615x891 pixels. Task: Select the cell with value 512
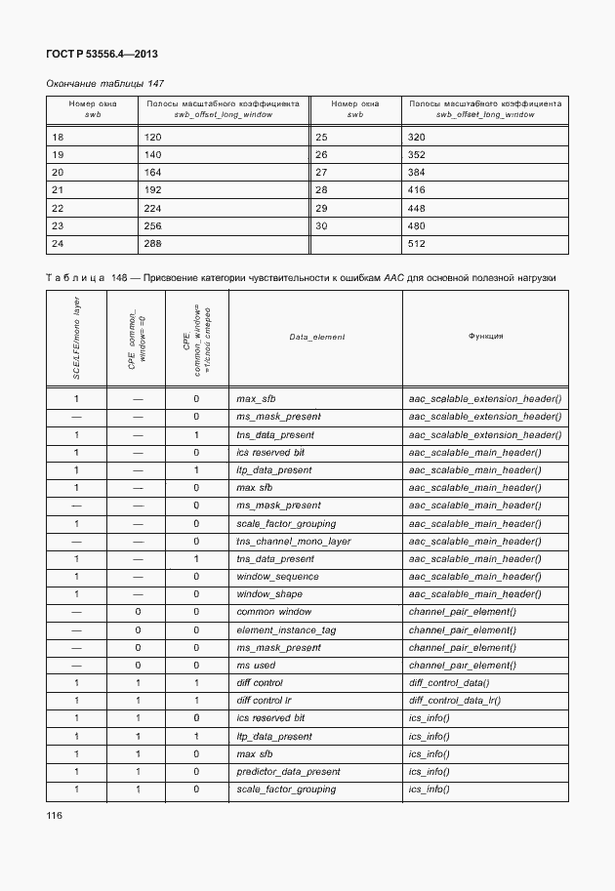(417, 243)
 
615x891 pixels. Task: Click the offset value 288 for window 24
(152, 243)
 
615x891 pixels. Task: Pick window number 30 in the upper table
(322, 225)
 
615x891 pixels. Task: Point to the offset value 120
(152, 138)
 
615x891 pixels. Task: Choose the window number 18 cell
(58, 138)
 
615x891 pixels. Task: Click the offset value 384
(417, 173)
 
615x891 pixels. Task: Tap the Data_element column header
(316, 337)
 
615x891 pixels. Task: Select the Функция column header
(485, 336)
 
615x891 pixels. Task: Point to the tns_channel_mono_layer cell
(293, 542)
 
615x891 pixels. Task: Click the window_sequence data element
(277, 577)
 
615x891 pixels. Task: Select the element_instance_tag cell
(286, 629)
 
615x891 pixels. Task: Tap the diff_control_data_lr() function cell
(456, 701)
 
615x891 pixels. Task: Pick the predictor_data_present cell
(288, 772)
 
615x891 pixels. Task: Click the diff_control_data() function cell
(449, 683)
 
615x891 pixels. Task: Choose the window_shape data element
(269, 594)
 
